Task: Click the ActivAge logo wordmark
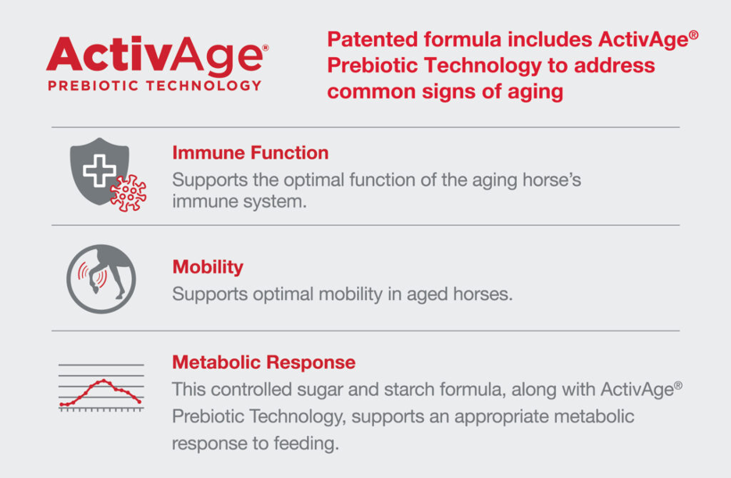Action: click(x=157, y=56)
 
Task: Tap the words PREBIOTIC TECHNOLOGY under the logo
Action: click(x=155, y=86)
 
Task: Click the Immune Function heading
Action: click(x=251, y=153)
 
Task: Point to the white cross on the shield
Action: click(x=99, y=171)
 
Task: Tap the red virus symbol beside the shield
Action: click(x=129, y=193)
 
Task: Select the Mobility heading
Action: click(x=208, y=267)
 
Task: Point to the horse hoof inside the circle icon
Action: click(x=95, y=289)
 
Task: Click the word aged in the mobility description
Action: click(x=427, y=294)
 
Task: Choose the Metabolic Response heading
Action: click(x=264, y=362)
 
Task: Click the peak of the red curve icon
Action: click(x=104, y=380)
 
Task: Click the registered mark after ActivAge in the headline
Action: click(x=694, y=35)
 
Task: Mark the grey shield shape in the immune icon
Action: click(x=99, y=171)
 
